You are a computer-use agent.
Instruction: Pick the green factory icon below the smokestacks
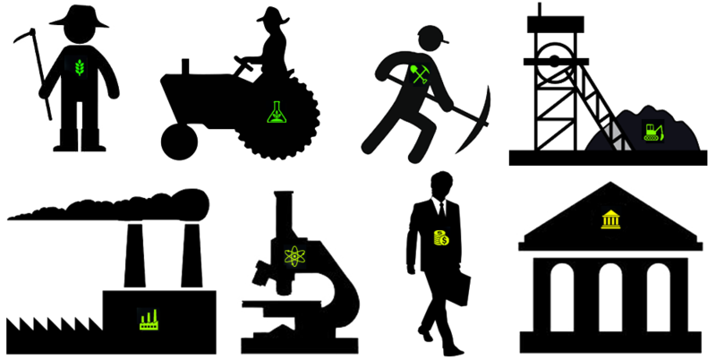[147, 317]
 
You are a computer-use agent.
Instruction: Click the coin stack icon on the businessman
[440, 238]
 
